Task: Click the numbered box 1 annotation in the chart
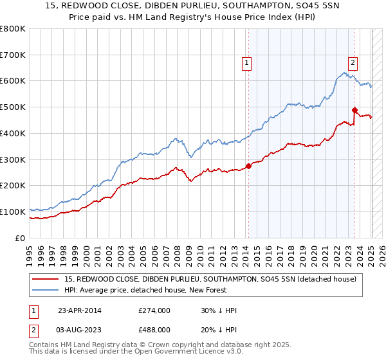(x=247, y=62)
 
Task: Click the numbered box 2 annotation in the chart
(x=353, y=62)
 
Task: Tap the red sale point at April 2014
(x=248, y=166)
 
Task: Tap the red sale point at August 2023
(x=354, y=110)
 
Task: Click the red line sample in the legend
(x=46, y=279)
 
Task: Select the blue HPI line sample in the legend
(x=46, y=290)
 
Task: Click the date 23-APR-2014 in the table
(x=79, y=310)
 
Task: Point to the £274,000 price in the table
(x=154, y=310)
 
